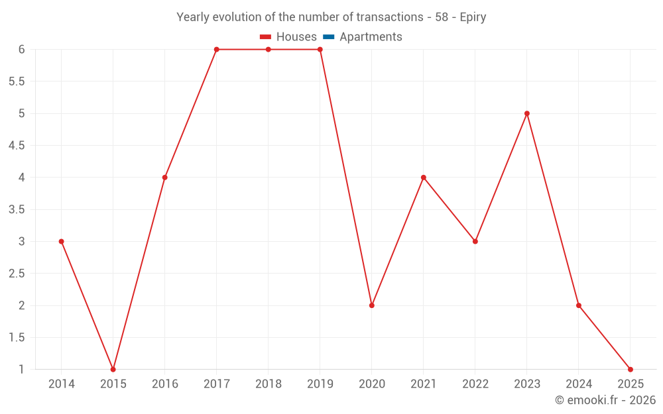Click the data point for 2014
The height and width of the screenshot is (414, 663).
pos(61,241)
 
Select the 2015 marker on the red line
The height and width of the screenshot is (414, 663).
pos(113,369)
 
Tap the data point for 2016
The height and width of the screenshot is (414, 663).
pos(164,178)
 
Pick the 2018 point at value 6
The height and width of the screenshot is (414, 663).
pos(268,50)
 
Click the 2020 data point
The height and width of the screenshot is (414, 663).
pos(372,305)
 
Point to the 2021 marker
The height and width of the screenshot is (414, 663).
pos(424,178)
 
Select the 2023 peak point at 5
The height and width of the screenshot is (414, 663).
pos(527,113)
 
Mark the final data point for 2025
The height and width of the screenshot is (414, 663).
pos(631,369)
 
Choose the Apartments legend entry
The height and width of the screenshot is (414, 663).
pos(371,37)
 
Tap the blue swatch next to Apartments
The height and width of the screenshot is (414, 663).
pos(328,37)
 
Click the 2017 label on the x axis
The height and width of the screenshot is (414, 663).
pos(216,384)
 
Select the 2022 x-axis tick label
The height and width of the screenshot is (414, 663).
pos(475,384)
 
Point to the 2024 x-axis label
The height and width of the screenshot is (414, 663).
pos(579,384)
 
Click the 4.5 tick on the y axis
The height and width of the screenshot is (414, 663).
pos(17,146)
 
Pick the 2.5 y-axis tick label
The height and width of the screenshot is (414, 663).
pos(17,274)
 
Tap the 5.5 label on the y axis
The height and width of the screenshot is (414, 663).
pos(17,81)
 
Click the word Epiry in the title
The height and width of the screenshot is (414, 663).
pos(473,17)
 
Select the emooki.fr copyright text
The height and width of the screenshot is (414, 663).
pos(605,400)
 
